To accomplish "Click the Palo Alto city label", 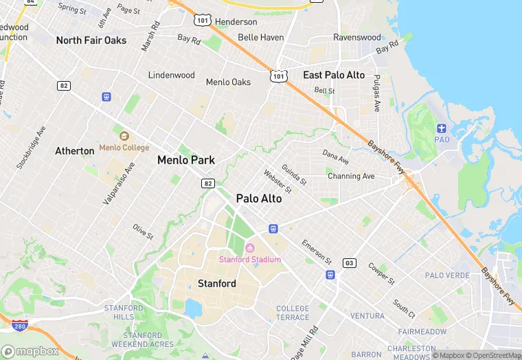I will click(x=259, y=199).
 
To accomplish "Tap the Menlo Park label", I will click(x=186, y=160).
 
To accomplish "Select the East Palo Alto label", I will click(x=334, y=75).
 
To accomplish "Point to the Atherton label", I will click(x=75, y=150).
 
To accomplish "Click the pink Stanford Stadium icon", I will click(x=250, y=247).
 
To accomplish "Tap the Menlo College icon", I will click(x=124, y=136).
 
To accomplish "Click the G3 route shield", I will click(x=350, y=263).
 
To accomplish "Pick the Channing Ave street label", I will click(x=351, y=177).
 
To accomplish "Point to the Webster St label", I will click(x=277, y=181).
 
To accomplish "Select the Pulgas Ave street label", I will click(x=376, y=95).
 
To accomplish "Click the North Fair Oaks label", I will click(x=91, y=41).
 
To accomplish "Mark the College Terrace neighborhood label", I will click(x=293, y=313).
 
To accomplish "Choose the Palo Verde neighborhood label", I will click(x=448, y=275).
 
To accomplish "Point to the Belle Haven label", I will click(x=260, y=37).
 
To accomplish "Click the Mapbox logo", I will click(x=30, y=351).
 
